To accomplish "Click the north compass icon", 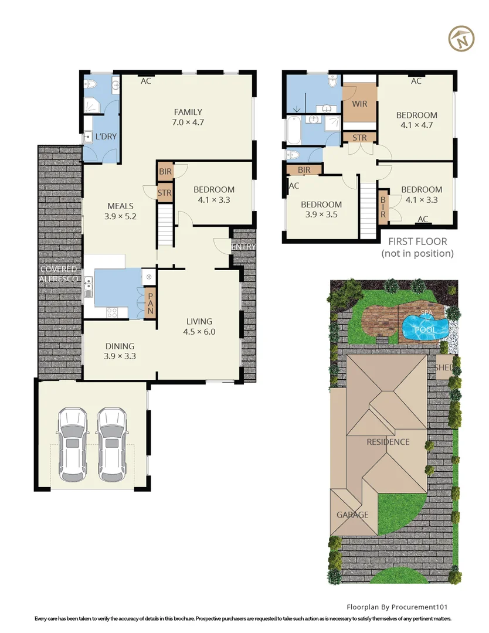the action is [461, 39].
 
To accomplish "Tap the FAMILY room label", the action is [188, 112].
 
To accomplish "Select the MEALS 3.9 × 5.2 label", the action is [120, 211].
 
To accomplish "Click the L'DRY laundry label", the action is [106, 137].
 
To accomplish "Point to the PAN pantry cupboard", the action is [150, 303].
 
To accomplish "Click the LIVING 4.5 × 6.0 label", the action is [199, 326].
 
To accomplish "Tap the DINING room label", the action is [120, 346].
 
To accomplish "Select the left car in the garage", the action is [73, 445].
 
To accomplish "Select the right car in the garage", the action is [112, 445].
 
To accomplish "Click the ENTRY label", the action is [243, 246].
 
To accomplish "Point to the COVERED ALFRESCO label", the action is [59, 274].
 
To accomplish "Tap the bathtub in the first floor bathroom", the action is [294, 130].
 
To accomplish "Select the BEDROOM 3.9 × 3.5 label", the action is [321, 209].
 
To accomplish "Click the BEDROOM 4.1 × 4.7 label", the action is [417, 120].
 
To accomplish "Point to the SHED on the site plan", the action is [444, 367].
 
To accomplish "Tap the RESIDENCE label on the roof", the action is [388, 442].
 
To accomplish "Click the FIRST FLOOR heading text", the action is [417, 241].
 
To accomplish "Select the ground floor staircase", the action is [165, 225].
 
